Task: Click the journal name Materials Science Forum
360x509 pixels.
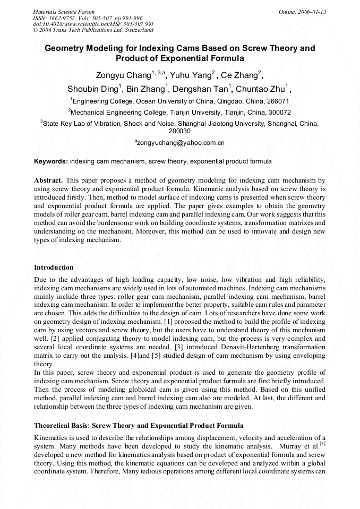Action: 64,11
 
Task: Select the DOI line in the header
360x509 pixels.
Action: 93,24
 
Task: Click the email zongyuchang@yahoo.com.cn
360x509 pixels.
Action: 181,143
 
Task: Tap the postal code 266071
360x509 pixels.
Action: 277,101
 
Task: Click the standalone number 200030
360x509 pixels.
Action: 179,131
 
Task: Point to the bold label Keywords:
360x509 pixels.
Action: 51,161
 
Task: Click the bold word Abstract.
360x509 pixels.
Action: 48,180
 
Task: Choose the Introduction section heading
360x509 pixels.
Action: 54,267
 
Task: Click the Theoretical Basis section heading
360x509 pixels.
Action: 139,426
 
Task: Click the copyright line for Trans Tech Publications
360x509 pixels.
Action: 93,30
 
